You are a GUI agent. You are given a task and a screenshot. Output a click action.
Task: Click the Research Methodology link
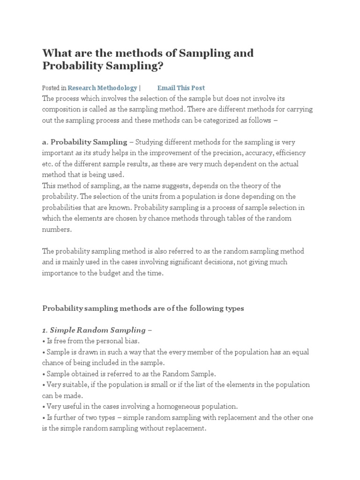point(102,88)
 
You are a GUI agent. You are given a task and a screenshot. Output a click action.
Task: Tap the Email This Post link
point(181,88)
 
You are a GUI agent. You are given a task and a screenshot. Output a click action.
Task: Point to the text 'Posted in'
point(54,88)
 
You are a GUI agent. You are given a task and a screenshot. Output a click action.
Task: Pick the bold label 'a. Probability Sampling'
point(84,142)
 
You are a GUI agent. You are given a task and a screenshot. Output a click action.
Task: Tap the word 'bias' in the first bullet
point(131,341)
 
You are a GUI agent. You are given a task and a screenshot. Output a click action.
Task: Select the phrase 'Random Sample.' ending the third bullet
point(193,374)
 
